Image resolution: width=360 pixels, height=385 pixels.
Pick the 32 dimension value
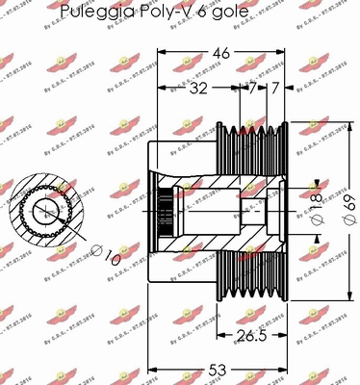(x=198, y=89)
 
